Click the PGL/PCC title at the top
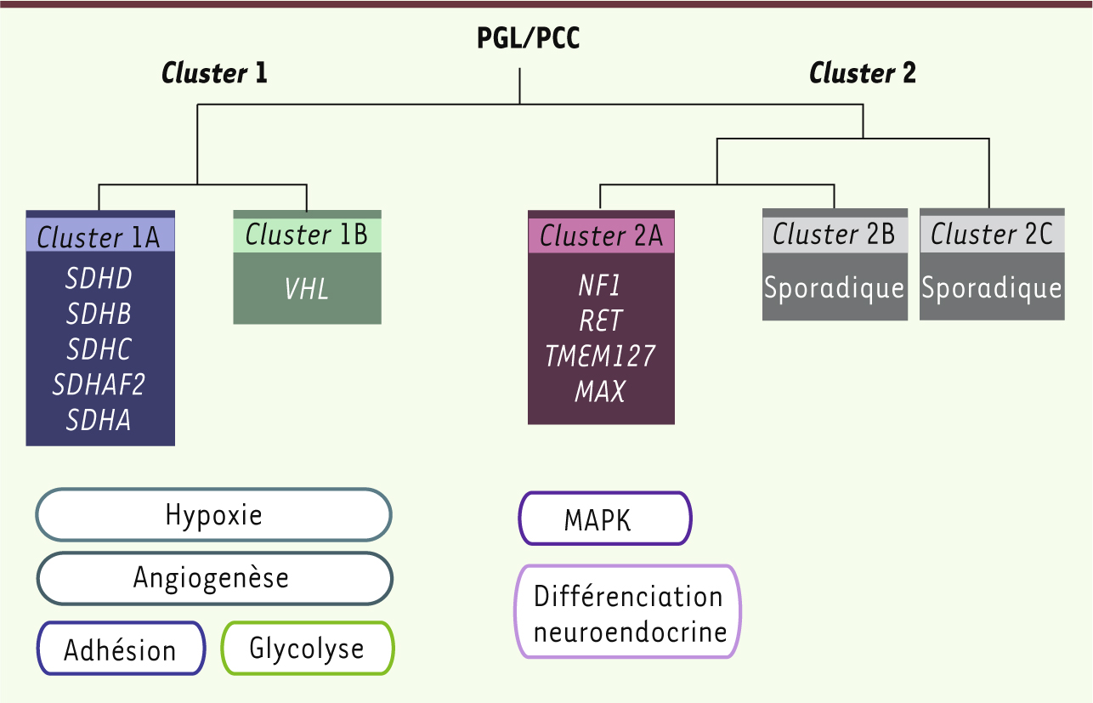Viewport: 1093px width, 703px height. [528, 38]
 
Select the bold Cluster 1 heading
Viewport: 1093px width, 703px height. [214, 73]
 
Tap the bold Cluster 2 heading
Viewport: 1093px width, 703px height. [862, 73]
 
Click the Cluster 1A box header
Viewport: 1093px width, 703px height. [99, 236]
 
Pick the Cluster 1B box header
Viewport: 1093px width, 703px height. [307, 235]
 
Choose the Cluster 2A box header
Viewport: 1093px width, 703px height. [601, 235]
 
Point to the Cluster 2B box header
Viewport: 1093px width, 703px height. [834, 234]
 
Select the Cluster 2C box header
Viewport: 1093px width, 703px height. [992, 234]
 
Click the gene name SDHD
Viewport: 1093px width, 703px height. [99, 279]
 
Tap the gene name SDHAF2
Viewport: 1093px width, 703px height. [99, 385]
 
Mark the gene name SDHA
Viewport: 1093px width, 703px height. [99, 420]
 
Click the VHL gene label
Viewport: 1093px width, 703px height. [307, 289]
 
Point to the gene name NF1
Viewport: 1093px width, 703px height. [601, 285]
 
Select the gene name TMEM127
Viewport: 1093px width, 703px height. [601, 355]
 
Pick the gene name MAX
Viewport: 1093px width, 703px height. [601, 391]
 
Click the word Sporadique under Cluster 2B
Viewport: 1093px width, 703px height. [834, 288]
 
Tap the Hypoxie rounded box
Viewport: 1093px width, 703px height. [213, 515]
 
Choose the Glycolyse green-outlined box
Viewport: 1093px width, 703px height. [307, 649]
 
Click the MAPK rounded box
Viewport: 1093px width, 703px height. [605, 519]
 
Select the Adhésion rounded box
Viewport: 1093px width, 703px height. [121, 650]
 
